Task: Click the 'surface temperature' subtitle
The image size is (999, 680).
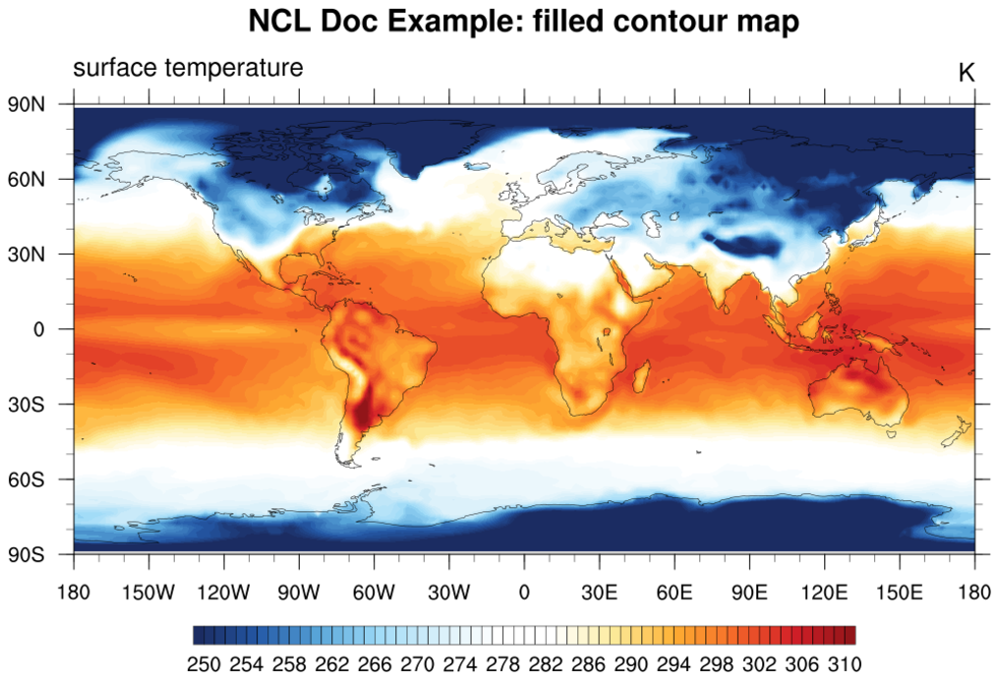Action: pyautogui.click(x=188, y=68)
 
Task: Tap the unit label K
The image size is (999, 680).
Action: pyautogui.click(x=966, y=72)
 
